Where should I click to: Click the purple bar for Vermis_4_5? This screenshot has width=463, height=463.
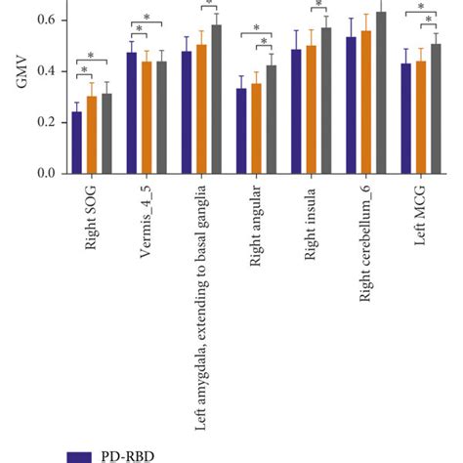click(x=132, y=113)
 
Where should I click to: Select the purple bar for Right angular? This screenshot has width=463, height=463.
click(x=241, y=131)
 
